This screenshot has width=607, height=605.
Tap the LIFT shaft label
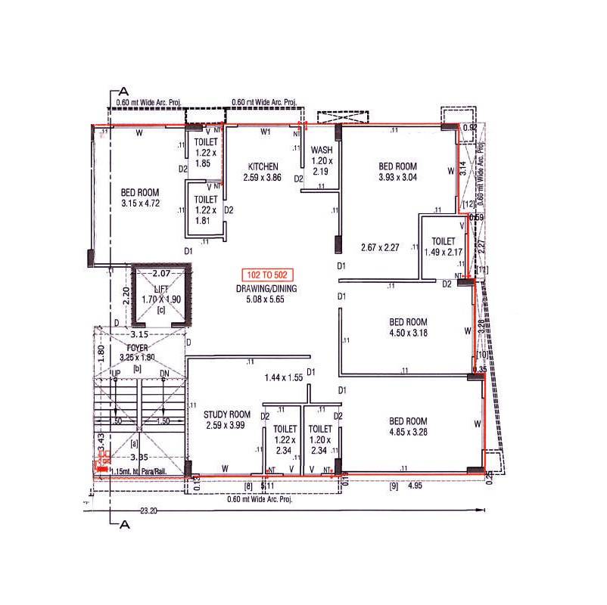pos(160,290)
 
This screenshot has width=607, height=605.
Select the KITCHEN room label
pos(263,166)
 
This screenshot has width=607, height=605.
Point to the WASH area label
pos(322,150)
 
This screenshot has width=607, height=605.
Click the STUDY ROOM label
pos(227,414)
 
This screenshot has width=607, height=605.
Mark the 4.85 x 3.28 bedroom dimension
pos(408,433)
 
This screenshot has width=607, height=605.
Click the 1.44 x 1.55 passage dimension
pos(283,377)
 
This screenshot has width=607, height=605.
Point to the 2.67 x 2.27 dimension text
pos(379,247)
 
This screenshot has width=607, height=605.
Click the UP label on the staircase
pos(116,374)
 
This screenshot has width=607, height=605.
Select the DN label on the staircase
pos(165,374)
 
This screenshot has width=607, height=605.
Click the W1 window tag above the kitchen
pos(266,132)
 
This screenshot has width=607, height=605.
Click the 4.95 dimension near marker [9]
pos(416,486)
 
